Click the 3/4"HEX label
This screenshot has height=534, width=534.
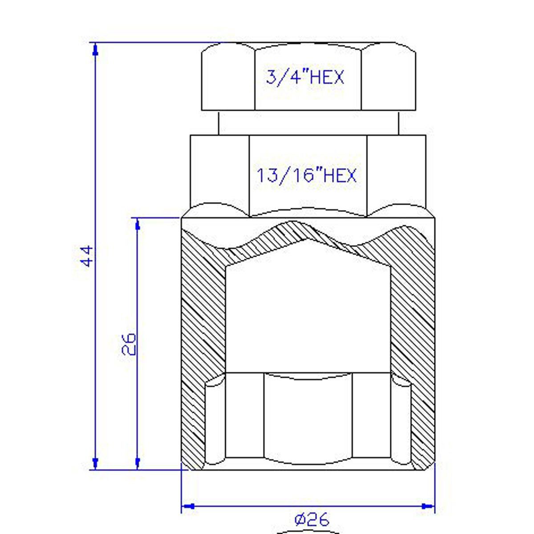click(x=305, y=77)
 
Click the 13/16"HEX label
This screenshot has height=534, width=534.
click(x=307, y=175)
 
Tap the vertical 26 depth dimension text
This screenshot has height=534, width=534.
click(x=129, y=344)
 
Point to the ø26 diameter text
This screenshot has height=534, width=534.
click(x=312, y=519)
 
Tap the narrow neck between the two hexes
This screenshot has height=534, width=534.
click(x=308, y=122)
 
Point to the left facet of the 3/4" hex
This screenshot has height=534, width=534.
click(x=228, y=78)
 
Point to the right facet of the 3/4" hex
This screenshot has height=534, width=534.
click(x=388, y=78)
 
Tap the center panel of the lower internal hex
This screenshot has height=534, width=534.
click(x=308, y=416)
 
